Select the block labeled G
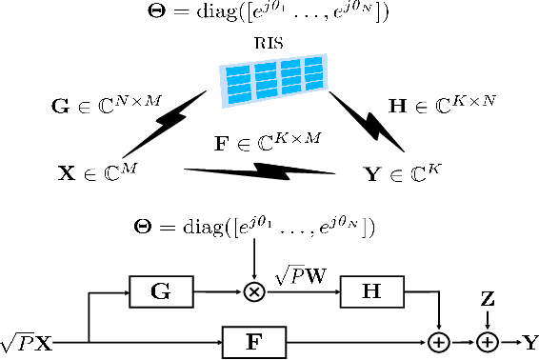pos(161,294)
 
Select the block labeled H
pos(367,294)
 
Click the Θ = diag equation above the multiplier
pos(254,228)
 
